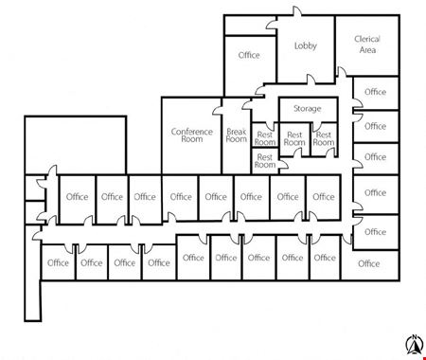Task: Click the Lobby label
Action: (305, 45)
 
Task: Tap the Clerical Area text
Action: (367, 45)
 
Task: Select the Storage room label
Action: (308, 109)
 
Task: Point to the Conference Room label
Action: (192, 135)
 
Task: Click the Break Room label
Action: (237, 135)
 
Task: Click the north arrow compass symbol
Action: (414, 344)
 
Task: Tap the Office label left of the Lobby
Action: (249, 55)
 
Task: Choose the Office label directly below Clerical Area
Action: (375, 92)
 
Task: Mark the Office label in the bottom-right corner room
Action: (368, 263)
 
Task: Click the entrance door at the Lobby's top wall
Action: (297, 11)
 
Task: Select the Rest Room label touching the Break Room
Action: (265, 138)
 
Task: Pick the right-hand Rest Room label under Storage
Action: (324, 138)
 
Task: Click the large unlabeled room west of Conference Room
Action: (76, 145)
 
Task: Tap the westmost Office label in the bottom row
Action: (58, 262)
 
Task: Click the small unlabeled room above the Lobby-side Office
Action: (250, 25)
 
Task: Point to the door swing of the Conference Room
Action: (218, 111)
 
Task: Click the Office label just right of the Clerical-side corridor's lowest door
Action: (375, 232)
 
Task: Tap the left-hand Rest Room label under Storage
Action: (294, 138)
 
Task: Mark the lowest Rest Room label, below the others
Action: (265, 161)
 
